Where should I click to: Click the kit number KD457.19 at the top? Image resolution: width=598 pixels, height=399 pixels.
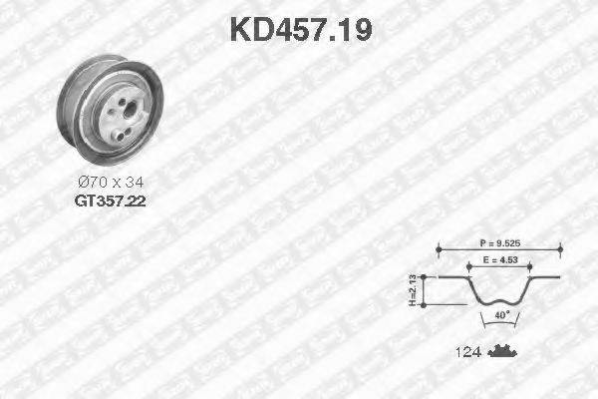[x=300, y=29]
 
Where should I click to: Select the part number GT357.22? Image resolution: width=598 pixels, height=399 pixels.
[x=109, y=200]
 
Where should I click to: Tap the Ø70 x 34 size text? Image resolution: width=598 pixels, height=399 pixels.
[x=110, y=184]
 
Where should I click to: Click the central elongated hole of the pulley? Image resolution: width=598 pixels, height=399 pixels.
[x=124, y=112]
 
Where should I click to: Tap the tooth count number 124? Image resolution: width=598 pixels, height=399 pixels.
[x=469, y=353]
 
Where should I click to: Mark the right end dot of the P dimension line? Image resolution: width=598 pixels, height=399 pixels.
[x=561, y=249]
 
